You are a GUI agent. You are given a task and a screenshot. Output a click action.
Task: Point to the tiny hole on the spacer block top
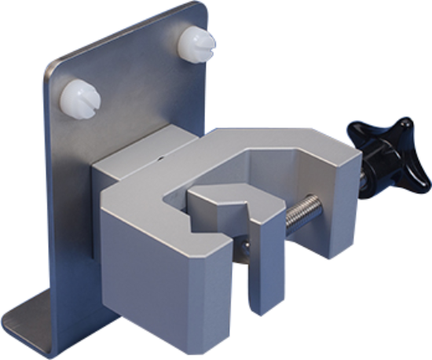pos(161,157)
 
